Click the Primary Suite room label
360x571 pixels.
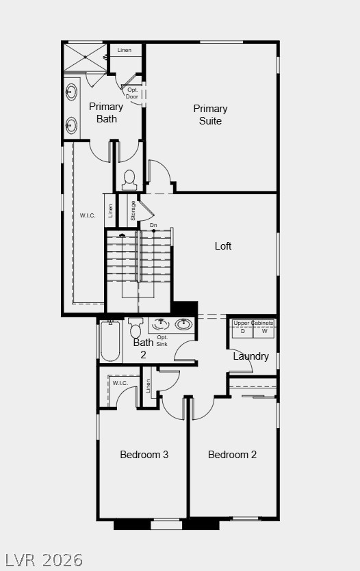pos(210,115)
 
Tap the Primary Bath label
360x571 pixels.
pos(106,112)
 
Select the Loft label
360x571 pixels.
pos(223,246)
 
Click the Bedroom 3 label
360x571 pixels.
pos(144,455)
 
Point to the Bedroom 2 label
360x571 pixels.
pos(233,455)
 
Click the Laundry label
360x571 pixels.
pos(250,356)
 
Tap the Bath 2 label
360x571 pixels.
pos(143,349)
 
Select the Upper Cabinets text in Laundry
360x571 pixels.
pos(253,323)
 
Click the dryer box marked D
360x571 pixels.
pos(242,332)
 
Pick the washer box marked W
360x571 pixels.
pos(264,332)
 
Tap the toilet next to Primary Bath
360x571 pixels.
pos(129,179)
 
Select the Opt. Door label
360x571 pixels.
pos(132,93)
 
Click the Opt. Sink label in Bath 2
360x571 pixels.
pos(162,341)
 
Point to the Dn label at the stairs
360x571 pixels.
pos(153,225)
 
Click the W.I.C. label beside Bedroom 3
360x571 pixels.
pos(120,383)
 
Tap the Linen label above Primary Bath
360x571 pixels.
pos(124,51)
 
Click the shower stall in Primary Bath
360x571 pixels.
pos(85,57)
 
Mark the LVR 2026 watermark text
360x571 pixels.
pos(42,560)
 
